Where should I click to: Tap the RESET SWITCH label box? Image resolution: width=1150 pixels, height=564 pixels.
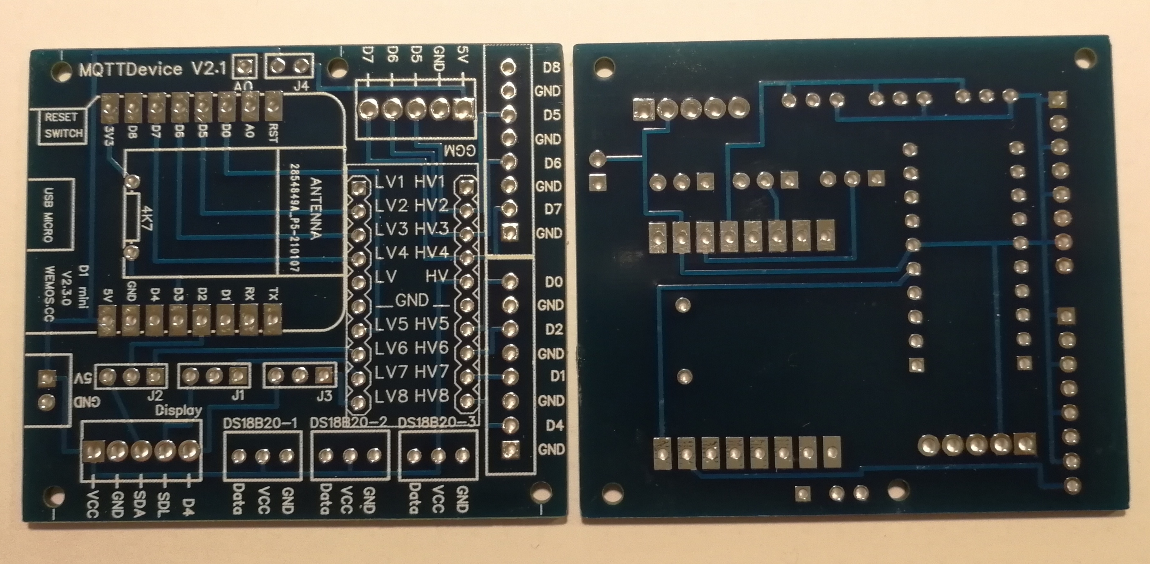(63, 126)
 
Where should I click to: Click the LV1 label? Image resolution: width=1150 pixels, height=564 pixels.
(390, 182)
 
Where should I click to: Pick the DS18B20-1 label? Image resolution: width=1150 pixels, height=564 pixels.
(260, 423)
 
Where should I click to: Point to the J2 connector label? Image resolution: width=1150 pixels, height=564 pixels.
(155, 395)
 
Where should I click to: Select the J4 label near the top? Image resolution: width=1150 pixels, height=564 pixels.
(301, 86)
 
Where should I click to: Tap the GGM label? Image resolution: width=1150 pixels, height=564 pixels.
(460, 151)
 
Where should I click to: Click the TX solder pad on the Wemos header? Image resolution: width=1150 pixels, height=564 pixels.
(272, 319)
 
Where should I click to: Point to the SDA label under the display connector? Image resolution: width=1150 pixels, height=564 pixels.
(139, 503)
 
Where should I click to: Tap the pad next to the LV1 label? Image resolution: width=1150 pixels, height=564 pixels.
(359, 187)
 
